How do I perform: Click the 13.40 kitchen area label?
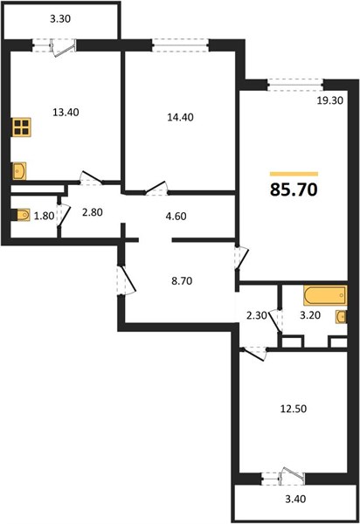tap(66, 113)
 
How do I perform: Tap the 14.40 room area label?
tap(181, 117)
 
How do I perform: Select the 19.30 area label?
tap(330, 100)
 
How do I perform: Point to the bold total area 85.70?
tap(294, 190)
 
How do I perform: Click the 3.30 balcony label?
tap(60, 19)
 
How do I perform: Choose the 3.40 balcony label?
tap(295, 499)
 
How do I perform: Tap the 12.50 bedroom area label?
tap(294, 409)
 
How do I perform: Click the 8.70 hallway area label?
tap(182, 281)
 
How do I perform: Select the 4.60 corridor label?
tap(177, 217)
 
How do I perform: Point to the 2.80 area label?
tap(93, 212)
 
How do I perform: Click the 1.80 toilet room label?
tap(44, 217)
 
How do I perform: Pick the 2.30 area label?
tap(257, 315)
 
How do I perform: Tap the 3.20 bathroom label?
tap(310, 315)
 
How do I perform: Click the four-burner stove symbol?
tap(22, 127)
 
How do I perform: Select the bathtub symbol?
tap(325, 295)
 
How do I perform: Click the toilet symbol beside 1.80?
tap(21, 215)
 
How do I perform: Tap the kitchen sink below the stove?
tap(19, 171)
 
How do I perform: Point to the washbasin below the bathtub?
tap(342, 317)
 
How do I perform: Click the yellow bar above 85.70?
tap(294, 174)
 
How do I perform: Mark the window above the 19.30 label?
tap(296, 85)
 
